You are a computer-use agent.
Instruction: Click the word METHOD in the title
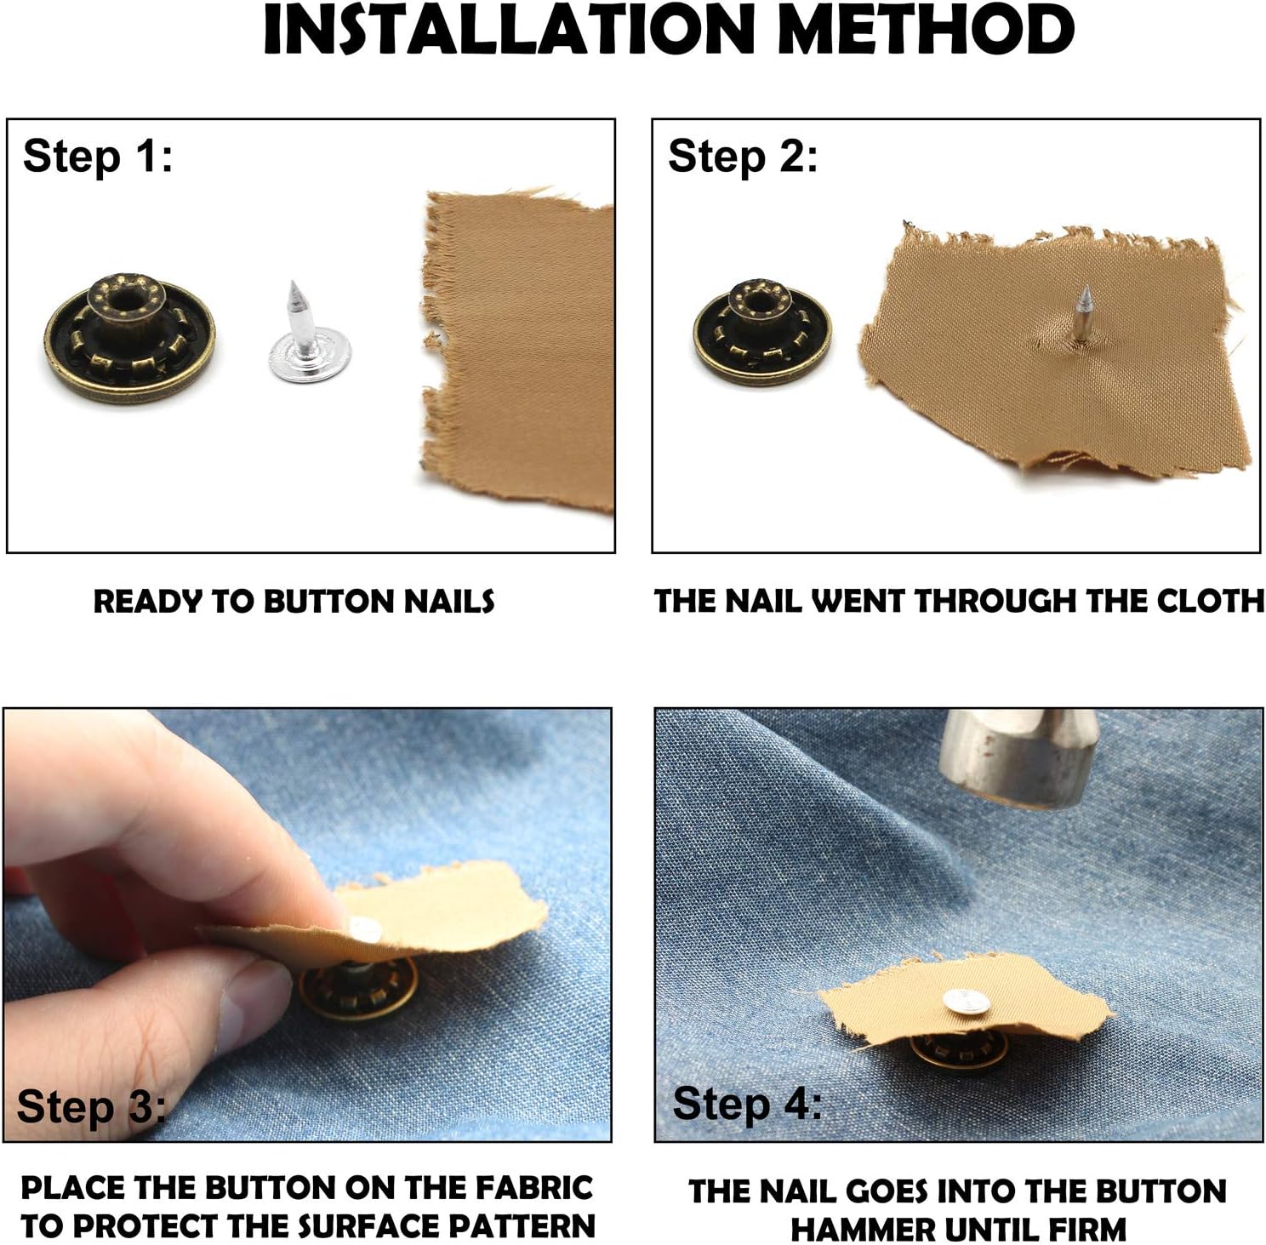[x=926, y=30]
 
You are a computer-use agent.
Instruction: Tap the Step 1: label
[x=98, y=157]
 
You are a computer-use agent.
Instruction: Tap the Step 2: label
[x=743, y=157]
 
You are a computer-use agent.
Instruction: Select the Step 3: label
[x=92, y=1107]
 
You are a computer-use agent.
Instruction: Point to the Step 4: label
[x=747, y=1105]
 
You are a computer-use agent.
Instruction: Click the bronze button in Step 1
[x=129, y=338]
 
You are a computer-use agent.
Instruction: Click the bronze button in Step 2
[x=762, y=333]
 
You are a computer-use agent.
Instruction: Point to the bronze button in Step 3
[x=357, y=986]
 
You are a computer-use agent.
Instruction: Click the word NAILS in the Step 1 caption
[x=448, y=602]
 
